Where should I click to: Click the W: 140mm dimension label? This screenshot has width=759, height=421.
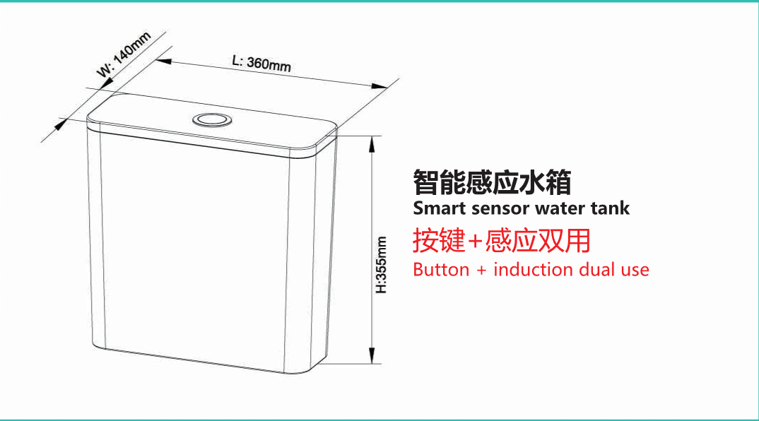[x=124, y=54]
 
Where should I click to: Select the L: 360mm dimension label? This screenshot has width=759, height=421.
[x=261, y=64]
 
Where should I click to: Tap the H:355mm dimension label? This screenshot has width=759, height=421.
[x=382, y=265]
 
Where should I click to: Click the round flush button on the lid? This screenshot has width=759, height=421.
[x=212, y=119]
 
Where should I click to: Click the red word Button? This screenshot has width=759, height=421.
[x=441, y=270]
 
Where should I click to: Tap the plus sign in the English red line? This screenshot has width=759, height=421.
[x=481, y=270]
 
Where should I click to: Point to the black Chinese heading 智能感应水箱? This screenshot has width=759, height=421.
[x=492, y=182]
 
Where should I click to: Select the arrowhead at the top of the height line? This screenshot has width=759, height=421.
[x=372, y=144]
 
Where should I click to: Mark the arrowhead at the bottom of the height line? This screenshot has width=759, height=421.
[x=372, y=356]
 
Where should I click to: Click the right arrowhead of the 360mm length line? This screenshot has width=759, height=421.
[x=379, y=86]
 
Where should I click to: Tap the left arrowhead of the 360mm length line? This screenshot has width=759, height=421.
[x=164, y=61]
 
